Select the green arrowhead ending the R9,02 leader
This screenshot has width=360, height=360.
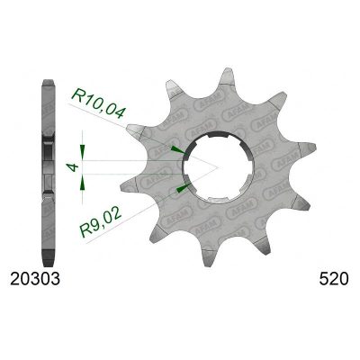click(x=182, y=187)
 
